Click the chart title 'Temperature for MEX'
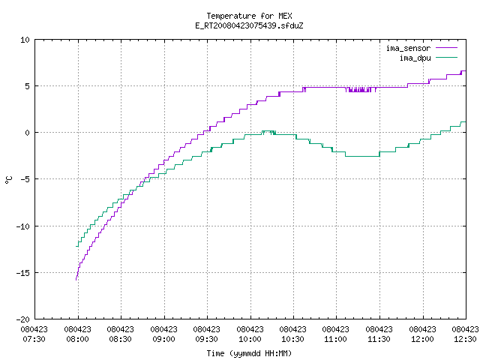coord(249,16)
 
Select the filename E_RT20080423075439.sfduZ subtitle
coord(249,25)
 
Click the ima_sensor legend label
coord(408,48)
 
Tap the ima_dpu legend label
coord(415,58)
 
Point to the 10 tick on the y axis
coord(25,40)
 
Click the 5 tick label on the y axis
coord(28,86)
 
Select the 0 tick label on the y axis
coord(28,133)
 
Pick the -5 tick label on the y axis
coord(23,179)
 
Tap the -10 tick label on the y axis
coord(23,226)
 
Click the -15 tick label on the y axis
coord(23,273)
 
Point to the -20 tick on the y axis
coord(23,319)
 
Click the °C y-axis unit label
coord(8,180)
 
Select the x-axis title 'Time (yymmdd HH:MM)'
coord(249,353)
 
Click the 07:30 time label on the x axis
coord(34,339)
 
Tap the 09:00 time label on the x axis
coord(163,339)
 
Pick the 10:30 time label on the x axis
coord(293,339)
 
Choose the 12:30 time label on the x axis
coord(465,339)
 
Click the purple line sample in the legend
coord(447,48)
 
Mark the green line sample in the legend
coord(447,57)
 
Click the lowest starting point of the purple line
coord(76,280)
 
